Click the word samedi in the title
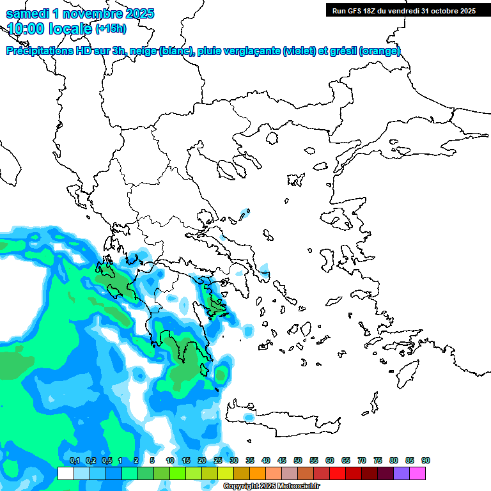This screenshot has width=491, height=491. click(26, 13)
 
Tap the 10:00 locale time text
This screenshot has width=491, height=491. click(49, 28)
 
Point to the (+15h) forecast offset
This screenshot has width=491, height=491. click(111, 28)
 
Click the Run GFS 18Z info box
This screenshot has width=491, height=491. click(403, 10)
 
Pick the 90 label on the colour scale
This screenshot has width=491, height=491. click(425, 461)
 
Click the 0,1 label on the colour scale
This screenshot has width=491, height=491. click(74, 461)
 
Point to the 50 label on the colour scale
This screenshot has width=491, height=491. click(298, 461)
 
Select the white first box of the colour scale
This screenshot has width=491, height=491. click(65, 473)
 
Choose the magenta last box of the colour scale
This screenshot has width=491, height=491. click(417, 473)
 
